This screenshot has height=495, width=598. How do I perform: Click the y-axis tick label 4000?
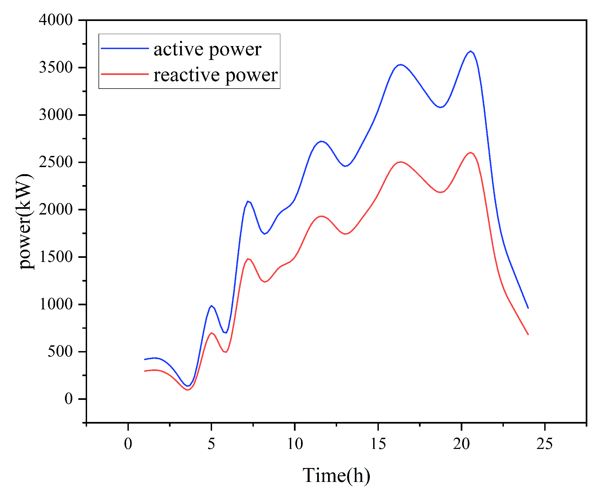56,20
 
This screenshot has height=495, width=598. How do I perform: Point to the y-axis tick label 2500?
56,162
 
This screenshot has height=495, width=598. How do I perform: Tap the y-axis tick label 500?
60,352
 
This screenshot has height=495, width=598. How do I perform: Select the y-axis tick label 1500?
56,257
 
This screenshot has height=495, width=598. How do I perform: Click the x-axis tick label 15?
378,444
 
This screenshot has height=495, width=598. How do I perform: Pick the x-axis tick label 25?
545,444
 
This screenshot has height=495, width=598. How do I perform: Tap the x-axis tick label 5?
211,444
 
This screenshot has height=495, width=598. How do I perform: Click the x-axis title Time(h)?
336,475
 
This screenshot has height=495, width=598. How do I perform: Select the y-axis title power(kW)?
25,222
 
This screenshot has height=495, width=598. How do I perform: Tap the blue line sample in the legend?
125,48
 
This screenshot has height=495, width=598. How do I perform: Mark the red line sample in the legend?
125,74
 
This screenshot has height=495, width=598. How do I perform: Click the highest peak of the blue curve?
471,51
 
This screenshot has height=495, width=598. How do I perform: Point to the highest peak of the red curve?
470,153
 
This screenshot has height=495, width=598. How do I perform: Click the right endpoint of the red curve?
528,335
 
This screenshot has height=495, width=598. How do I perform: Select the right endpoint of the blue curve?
528,308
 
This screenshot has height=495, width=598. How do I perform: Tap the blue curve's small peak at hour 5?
211,306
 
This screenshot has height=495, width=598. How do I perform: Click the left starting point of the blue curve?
145,360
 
